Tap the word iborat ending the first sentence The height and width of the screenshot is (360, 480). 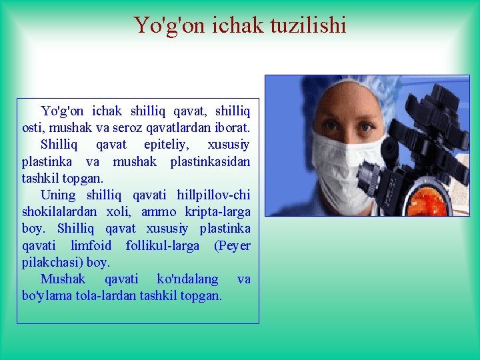(x=229, y=127)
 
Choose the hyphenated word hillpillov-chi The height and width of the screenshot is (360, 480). (x=213, y=195)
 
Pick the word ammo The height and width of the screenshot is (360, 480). (x=158, y=212)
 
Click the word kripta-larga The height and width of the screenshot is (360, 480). (x=217, y=212)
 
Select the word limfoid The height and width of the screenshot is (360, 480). (x=91, y=245)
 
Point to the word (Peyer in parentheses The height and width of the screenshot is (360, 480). (x=232, y=245)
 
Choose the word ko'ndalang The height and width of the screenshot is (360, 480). (x=187, y=279)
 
